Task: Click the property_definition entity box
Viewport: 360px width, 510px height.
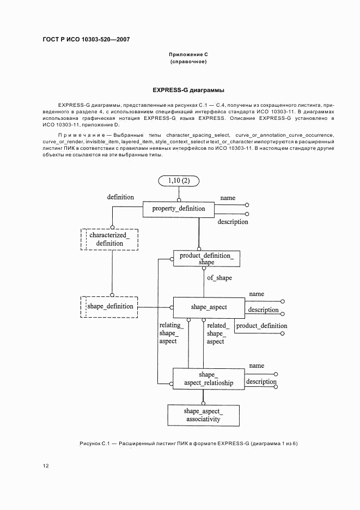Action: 178,209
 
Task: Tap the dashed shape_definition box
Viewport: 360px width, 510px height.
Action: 109,306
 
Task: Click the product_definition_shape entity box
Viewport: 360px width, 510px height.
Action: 206,258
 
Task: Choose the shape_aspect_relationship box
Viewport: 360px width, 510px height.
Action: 208,379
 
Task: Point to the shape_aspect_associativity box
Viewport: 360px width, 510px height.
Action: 203,415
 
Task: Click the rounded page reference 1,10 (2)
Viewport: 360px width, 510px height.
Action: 179,181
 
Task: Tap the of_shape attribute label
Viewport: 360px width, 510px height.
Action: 219,278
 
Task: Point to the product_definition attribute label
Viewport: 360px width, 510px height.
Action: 261,326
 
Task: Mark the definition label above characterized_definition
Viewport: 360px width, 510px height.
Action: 120,197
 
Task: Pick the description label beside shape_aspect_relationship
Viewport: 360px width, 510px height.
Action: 261,381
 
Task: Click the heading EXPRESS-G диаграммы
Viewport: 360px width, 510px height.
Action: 188,90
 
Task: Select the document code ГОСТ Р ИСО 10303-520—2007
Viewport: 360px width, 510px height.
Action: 86,40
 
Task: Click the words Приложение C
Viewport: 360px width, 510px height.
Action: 188,54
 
